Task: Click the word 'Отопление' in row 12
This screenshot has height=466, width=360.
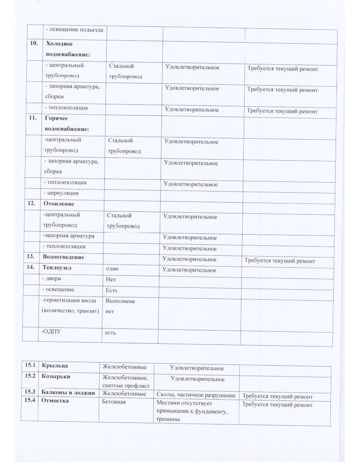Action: (x=59, y=204)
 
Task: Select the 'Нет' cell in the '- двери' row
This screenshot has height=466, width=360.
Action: (x=111, y=280)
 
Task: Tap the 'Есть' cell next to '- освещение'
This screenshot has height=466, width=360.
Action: (x=111, y=290)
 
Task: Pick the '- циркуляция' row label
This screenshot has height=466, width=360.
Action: (x=61, y=193)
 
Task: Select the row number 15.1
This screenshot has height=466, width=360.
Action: (x=30, y=365)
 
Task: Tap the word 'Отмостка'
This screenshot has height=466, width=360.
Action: (x=55, y=400)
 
